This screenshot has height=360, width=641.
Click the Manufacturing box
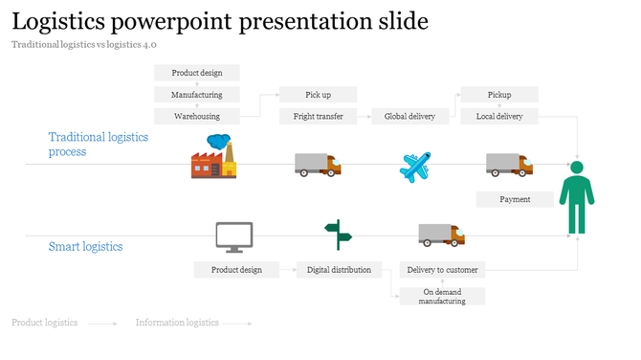tap(197, 95)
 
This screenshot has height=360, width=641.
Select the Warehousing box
tap(197, 116)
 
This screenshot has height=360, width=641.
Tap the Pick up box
tap(318, 95)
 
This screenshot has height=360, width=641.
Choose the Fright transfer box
tap(318, 116)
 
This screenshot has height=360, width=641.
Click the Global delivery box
tap(409, 116)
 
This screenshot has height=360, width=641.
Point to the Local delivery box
tap(499, 116)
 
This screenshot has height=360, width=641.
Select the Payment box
tap(516, 199)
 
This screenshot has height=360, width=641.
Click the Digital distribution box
tap(339, 270)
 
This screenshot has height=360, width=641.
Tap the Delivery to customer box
tap(443, 270)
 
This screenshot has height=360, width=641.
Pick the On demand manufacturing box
tap(443, 296)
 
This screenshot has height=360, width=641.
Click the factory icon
tap(213, 156)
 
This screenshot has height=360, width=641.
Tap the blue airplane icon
tap(415, 167)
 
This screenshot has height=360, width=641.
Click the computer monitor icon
tap(234, 236)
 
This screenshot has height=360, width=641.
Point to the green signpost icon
tap(338, 235)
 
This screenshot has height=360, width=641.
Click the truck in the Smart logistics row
tap(441, 235)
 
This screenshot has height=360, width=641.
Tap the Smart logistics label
tap(86, 246)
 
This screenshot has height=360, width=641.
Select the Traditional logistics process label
tap(98, 145)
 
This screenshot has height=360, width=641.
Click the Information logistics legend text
tap(177, 323)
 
